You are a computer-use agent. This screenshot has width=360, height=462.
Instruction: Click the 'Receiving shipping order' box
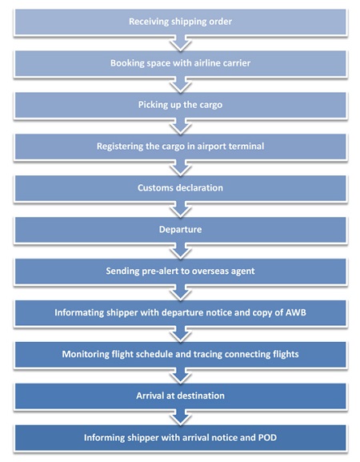[181, 22]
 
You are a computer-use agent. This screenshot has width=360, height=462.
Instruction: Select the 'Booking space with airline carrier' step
[181, 63]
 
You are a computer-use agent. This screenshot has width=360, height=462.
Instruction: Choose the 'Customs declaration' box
[181, 188]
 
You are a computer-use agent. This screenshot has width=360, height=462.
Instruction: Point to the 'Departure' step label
[181, 230]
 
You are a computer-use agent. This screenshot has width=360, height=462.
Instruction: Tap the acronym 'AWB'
[295, 312]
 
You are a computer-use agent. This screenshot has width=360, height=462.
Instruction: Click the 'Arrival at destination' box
[181, 396]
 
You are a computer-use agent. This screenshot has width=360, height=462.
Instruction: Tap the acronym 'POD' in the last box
[267, 437]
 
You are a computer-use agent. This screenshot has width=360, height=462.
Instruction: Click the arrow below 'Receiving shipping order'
[181, 43]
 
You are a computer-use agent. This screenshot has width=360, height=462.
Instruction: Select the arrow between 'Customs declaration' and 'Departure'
[181, 210]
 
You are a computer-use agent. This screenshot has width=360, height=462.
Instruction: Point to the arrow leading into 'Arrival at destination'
[181, 376]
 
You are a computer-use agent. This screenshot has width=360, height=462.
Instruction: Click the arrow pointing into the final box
[181, 417]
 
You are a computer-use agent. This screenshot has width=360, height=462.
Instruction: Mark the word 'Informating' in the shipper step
[79, 312]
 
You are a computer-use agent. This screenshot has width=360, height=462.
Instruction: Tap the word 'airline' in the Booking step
[206, 63]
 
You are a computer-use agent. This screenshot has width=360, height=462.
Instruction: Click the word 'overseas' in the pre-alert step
[210, 271]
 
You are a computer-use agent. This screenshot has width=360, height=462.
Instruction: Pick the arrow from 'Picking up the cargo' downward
[181, 127]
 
